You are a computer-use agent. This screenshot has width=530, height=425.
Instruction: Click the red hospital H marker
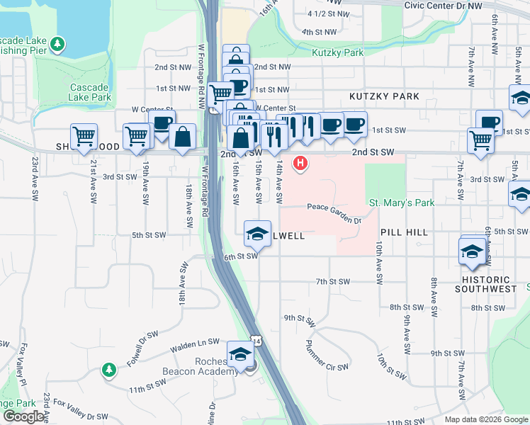click(300, 164)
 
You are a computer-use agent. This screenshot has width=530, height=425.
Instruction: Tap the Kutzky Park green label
click(337, 52)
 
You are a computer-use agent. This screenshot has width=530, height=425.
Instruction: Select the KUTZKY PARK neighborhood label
click(384, 96)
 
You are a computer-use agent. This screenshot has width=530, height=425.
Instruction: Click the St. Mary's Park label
click(402, 203)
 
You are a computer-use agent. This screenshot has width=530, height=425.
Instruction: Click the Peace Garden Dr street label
click(334, 210)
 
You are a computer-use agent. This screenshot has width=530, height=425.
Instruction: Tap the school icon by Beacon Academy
click(240, 353)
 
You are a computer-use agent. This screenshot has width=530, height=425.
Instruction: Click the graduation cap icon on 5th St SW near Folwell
click(257, 232)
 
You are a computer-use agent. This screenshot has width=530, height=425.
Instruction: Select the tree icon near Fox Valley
click(108, 370)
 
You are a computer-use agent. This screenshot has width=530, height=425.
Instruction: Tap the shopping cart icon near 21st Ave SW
click(84, 135)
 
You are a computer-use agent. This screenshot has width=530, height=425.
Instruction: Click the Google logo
click(23, 416)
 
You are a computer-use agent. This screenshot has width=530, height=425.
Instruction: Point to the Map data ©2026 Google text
click(485, 419)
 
